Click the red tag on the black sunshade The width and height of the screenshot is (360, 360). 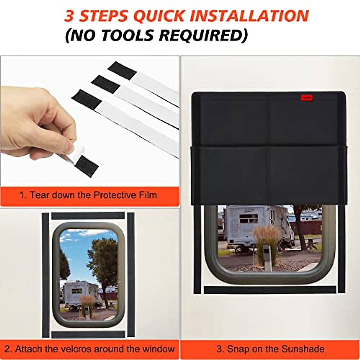coord(307,97)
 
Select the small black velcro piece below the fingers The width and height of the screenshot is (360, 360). coord(87,166)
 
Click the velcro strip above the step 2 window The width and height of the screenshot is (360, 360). coord(88,216)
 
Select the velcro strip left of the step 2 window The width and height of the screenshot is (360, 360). coord(45,274)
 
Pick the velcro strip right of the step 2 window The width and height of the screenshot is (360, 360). coord(130,274)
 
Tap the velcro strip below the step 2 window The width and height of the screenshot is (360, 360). coord(88,334)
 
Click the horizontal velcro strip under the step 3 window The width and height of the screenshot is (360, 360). coord(270,290)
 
